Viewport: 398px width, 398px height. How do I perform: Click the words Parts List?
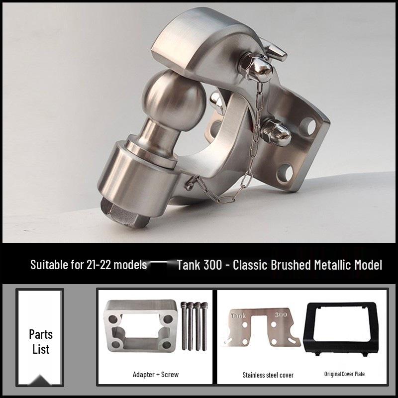coord(40,341)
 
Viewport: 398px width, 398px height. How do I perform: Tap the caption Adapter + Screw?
coord(155,375)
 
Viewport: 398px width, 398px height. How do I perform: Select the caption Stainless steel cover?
coord(268,375)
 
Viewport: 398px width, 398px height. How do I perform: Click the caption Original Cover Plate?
coord(344,374)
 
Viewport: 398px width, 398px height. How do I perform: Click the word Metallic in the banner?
coord(333,265)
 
